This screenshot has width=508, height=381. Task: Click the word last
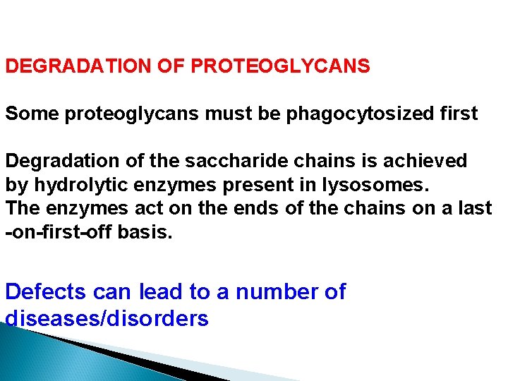point(476,208)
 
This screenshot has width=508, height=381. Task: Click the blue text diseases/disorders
point(107,318)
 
